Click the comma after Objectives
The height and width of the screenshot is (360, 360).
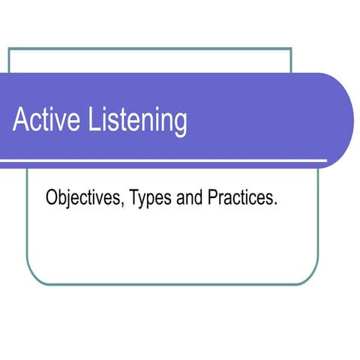click(x=127, y=205)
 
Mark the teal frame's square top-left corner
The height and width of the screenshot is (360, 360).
click(x=9, y=49)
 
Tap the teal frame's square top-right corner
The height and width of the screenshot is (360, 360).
click(x=290, y=49)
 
